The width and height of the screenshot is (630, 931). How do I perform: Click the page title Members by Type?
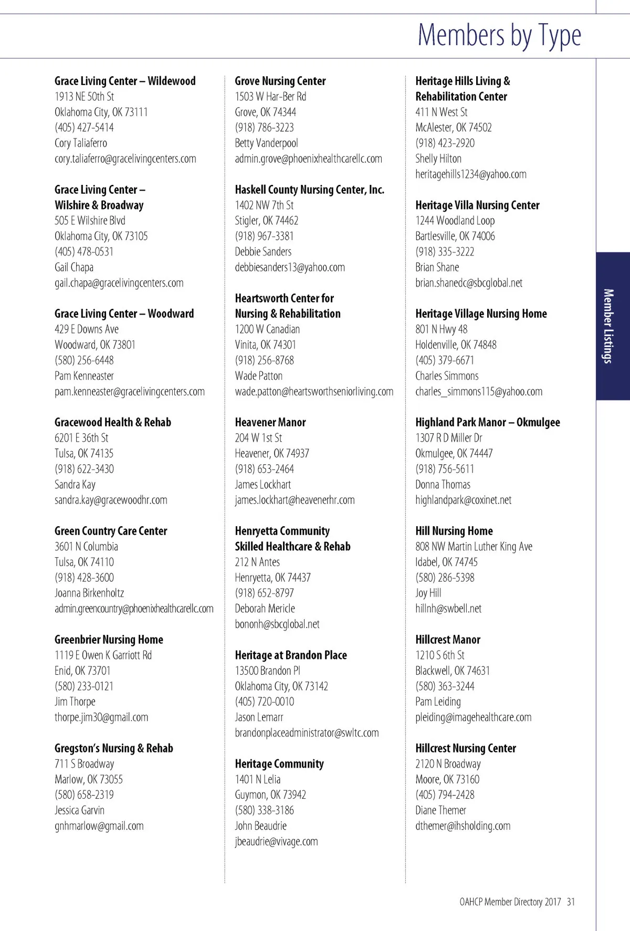click(x=499, y=35)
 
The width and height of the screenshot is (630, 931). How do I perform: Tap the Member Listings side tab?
click(x=609, y=326)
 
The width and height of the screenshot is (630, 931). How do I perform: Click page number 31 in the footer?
click(x=571, y=902)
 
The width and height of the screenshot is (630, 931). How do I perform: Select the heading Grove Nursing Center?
click(x=280, y=81)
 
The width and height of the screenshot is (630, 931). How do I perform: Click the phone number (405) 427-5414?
click(x=84, y=128)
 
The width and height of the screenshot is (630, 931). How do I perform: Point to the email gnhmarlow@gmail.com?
click(x=99, y=825)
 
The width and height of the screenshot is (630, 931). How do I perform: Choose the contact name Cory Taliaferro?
click(x=81, y=143)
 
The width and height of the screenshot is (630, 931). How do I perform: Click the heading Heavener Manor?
click(x=270, y=422)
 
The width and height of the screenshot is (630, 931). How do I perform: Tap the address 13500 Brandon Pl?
click(x=268, y=671)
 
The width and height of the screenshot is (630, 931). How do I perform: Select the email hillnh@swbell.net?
click(x=448, y=609)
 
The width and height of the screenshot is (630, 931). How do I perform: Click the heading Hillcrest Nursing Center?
click(x=465, y=748)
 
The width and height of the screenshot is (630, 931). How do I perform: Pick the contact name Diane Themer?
click(x=440, y=810)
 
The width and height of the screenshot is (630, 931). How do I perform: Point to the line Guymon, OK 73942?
click(x=270, y=794)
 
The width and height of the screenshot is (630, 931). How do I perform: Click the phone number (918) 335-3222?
click(x=445, y=252)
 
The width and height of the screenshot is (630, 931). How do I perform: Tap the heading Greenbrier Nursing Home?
click(x=109, y=640)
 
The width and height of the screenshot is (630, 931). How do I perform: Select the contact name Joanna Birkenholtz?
click(x=89, y=593)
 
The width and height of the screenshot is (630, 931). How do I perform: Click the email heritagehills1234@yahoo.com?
click(x=470, y=174)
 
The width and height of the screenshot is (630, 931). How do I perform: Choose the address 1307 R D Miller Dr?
click(x=448, y=437)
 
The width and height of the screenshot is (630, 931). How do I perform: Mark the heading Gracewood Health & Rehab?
click(x=112, y=422)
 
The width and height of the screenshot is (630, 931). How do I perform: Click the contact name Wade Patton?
click(x=258, y=376)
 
